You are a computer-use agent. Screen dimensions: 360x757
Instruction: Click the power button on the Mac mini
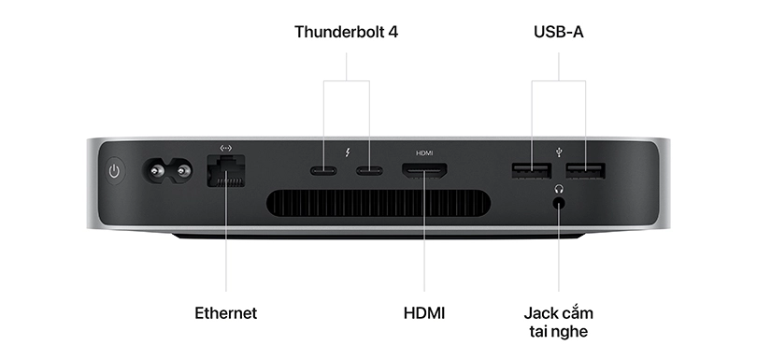(115, 172)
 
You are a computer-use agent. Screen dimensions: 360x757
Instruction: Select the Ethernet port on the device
(225, 172)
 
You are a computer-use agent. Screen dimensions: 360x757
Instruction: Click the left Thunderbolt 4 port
(324, 171)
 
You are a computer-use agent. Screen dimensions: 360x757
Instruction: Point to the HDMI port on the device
(424, 171)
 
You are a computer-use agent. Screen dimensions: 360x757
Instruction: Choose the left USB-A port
(531, 171)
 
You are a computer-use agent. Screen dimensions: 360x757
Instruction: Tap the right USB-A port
(585, 171)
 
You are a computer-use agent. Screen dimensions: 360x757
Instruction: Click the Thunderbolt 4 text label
(347, 32)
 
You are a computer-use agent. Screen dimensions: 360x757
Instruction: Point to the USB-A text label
(558, 32)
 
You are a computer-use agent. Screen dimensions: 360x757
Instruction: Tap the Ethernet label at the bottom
(225, 312)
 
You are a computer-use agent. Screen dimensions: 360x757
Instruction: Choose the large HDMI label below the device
(424, 312)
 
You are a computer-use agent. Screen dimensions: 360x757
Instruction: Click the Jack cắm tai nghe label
(559, 322)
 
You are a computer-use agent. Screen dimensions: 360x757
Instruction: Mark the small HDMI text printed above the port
(424, 151)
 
